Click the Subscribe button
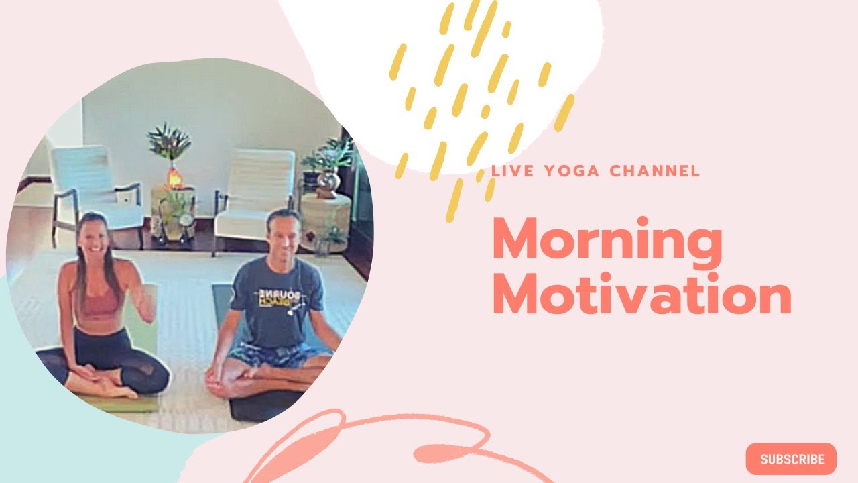click(x=791, y=460)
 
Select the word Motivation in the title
click(x=641, y=297)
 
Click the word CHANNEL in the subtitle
click(x=655, y=171)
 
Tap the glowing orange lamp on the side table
click(x=174, y=178)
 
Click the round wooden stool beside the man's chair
click(x=325, y=215)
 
